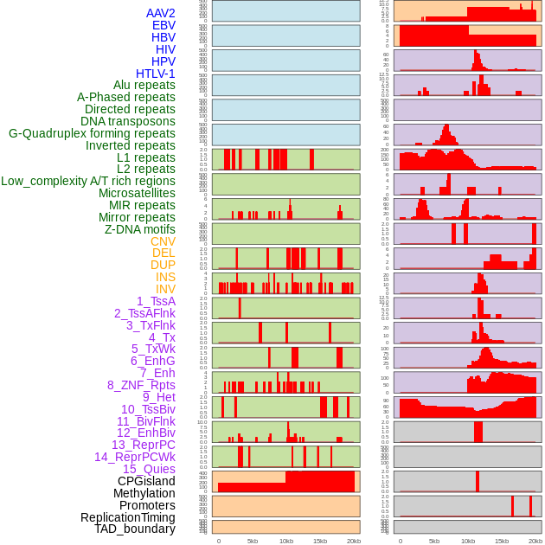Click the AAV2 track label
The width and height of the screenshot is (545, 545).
160,14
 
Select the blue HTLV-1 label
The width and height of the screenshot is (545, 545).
156,74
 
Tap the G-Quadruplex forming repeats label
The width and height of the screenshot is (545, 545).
92,133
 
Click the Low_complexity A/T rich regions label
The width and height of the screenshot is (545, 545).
88,181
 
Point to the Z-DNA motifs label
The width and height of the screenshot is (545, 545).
140,229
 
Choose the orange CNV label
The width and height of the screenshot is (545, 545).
163,241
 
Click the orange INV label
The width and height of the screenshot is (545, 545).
165,289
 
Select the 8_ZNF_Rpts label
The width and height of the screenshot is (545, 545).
141,385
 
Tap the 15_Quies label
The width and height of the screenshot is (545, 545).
149,469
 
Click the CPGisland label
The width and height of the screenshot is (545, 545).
146,481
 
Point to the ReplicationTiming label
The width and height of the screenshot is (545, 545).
128,517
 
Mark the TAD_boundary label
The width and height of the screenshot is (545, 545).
135,529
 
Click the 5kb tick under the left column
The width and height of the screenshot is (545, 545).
253,541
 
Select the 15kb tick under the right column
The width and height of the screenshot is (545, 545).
502,541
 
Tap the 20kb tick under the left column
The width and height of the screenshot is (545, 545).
353,541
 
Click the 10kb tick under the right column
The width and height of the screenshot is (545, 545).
468,541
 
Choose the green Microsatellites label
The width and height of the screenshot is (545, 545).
137,193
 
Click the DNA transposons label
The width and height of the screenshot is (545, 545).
128,121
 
